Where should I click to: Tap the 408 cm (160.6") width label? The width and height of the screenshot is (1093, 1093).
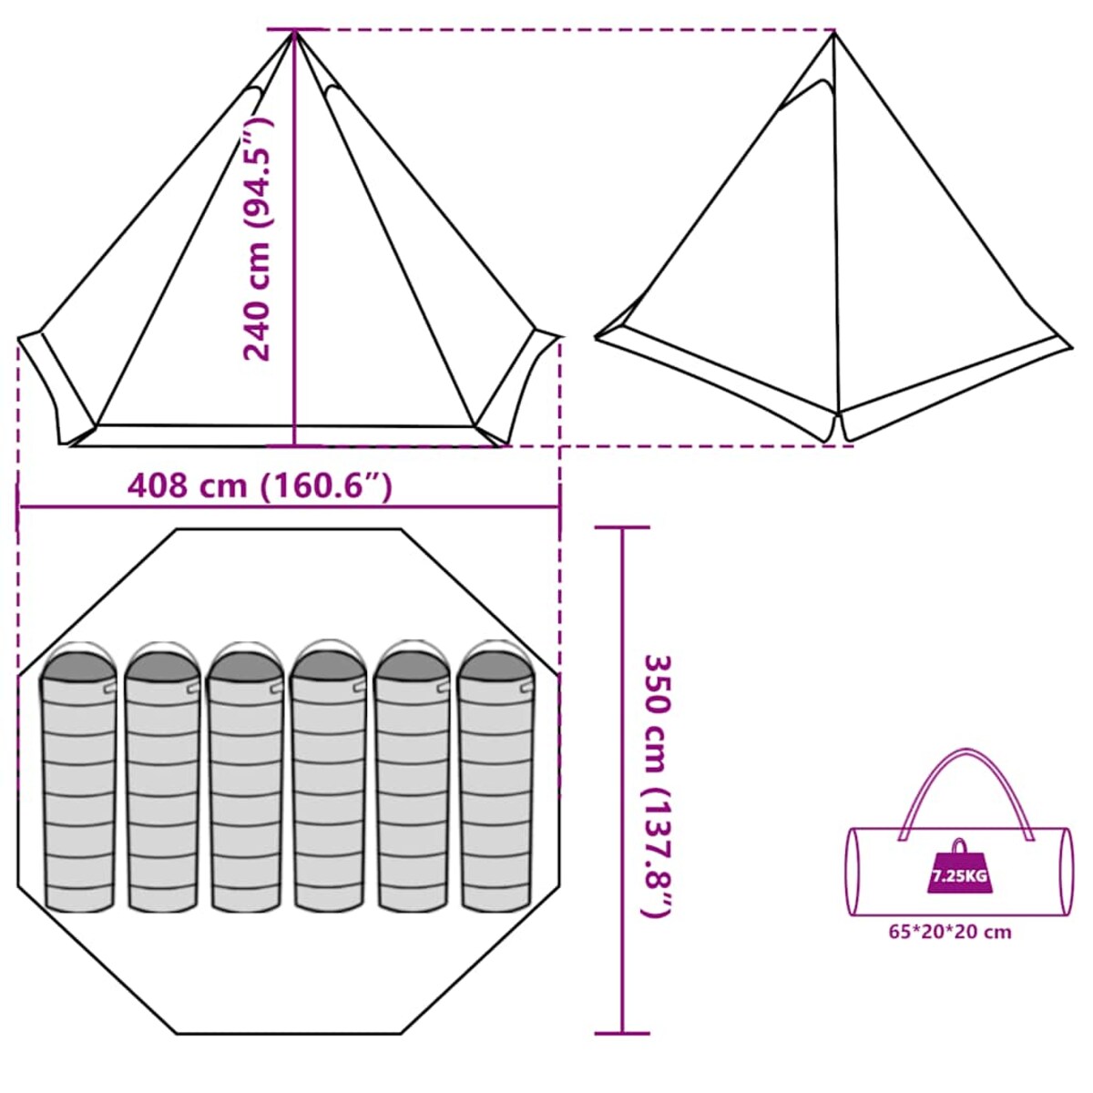260,485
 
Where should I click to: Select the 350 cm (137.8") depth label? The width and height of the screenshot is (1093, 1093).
659,785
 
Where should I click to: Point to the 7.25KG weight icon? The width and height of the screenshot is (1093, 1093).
957,869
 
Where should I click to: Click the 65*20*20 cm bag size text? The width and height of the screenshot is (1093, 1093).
950,932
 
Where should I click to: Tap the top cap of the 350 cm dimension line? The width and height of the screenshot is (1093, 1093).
622,527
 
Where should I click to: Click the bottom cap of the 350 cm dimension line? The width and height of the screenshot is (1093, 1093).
622,1033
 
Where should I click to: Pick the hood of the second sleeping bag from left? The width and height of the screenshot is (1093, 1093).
162,663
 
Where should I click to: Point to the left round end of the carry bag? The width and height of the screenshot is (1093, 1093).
854,872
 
